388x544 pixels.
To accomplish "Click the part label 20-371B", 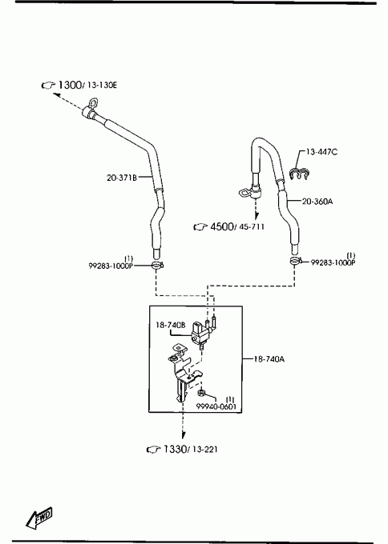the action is coord(121,178).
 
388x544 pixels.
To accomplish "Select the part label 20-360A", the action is coord(317,202).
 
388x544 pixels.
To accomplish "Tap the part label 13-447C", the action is coord(321,152).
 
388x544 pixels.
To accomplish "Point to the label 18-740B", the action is coord(171,325).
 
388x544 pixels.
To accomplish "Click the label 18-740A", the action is coord(269,359).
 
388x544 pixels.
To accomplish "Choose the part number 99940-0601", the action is coord(216,406).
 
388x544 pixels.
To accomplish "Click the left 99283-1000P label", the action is coord(111,266).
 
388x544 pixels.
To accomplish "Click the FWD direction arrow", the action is coord(39,518).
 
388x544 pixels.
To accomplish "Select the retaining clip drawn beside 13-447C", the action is coord(299,174).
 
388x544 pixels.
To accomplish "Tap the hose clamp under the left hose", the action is coord(157,266).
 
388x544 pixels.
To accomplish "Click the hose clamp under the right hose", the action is coord(296,261).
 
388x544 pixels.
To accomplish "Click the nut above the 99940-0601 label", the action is coord(201,393).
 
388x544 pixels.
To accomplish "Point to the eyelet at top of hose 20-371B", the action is coord(93,103).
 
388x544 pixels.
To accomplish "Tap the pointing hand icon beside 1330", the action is coord(153,450).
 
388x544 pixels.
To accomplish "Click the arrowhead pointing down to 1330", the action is coord(183,434).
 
